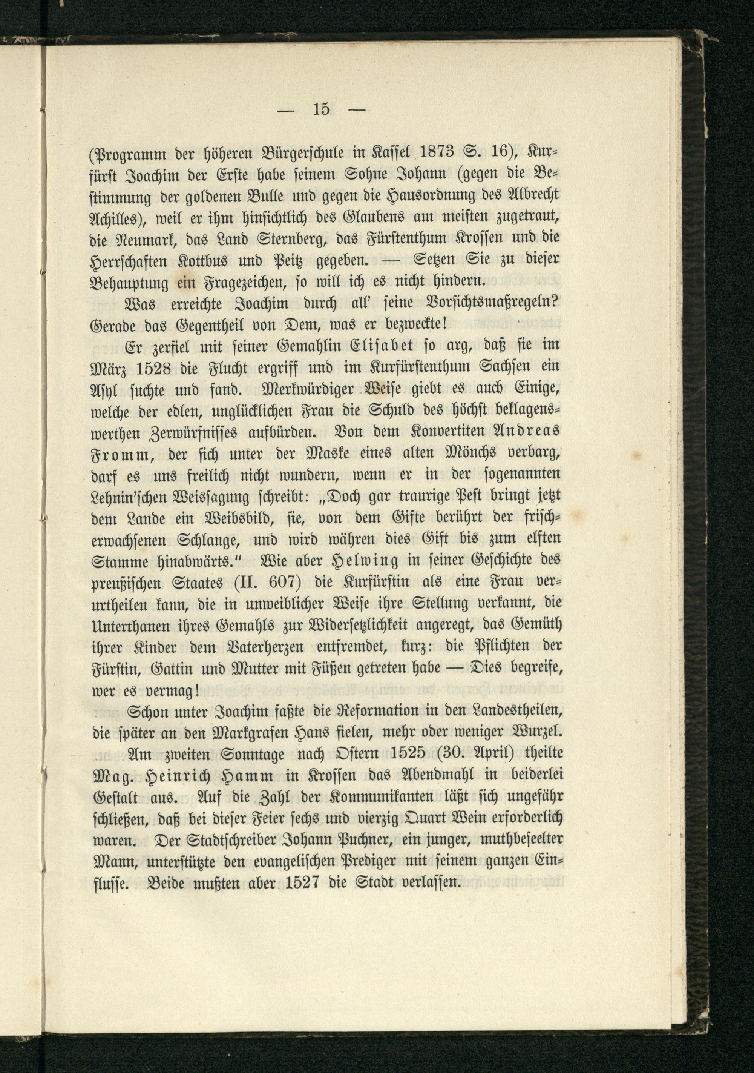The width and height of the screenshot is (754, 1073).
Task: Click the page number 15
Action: (x=322, y=109)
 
